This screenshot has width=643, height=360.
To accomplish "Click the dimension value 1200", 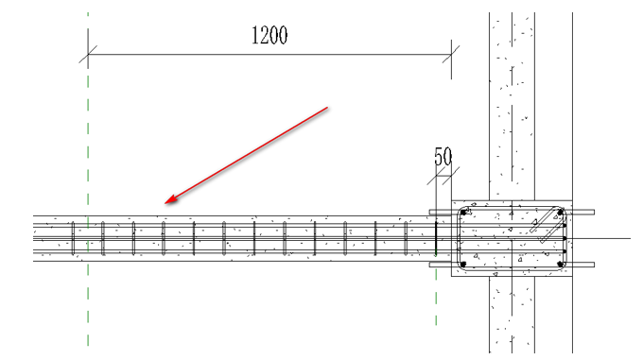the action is [269, 35].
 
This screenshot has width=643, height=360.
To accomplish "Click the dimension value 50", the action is [443, 157].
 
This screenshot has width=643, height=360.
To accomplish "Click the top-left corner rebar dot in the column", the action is [463, 213].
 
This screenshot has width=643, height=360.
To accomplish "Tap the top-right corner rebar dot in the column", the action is [560, 213].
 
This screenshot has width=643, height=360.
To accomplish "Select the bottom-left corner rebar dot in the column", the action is [463, 265].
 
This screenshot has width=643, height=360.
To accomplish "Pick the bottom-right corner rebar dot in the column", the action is [560, 265].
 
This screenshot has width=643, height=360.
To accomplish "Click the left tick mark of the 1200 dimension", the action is [88, 54].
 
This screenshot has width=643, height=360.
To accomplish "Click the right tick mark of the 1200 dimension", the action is [451, 54].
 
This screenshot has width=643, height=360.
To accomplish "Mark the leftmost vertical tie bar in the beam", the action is [73, 238].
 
